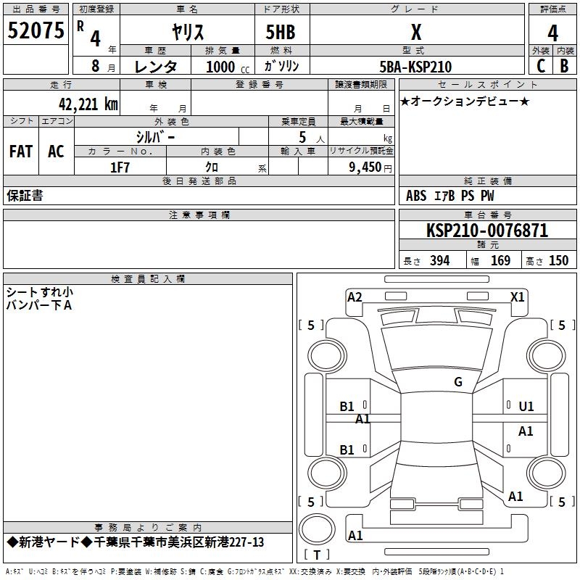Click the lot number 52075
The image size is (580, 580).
(36, 30)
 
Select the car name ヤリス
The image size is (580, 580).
(188, 32)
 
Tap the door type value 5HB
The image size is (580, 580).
(281, 32)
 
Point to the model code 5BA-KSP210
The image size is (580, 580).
(415, 67)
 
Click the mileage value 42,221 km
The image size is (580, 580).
(88, 104)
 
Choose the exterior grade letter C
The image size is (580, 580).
(541, 66)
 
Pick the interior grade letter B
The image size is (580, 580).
(564, 66)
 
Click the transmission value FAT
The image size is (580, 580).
(21, 152)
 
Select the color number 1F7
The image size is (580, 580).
(120, 167)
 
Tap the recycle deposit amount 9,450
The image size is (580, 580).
(365, 167)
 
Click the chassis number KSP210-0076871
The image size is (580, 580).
(487, 231)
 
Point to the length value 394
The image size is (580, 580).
(439, 260)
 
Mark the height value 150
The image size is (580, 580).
(558, 260)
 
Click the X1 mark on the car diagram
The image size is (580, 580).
(517, 297)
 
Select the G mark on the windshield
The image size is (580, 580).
(458, 382)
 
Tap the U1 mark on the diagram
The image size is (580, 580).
(526, 407)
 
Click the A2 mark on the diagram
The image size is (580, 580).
(355, 297)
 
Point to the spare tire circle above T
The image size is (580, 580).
(317, 529)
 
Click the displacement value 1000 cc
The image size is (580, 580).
(228, 67)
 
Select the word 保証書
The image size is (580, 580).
(25, 196)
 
